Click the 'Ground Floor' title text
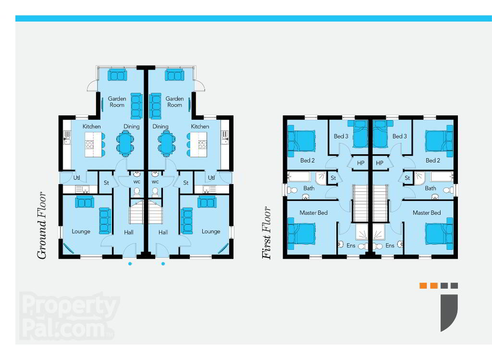click(x=42, y=225)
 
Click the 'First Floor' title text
click(x=267, y=233)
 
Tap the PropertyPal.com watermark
click(x=69, y=316)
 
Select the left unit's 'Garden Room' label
click(x=117, y=102)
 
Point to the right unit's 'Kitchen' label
click(x=200, y=126)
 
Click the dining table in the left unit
click(x=125, y=143)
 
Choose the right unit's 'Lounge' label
click(x=211, y=231)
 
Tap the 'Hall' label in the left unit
click(x=129, y=232)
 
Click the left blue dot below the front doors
click(x=130, y=264)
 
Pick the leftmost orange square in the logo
click(x=423, y=286)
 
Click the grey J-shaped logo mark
click(x=449, y=312)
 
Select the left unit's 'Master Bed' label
click(x=313, y=213)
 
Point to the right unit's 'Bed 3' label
click(x=399, y=136)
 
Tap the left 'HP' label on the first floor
click(x=360, y=163)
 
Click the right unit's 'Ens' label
click(x=390, y=246)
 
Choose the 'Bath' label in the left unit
click(x=309, y=188)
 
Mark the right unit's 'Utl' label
click(x=211, y=178)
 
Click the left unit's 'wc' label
click(x=137, y=182)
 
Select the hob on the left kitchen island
click(x=89, y=145)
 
